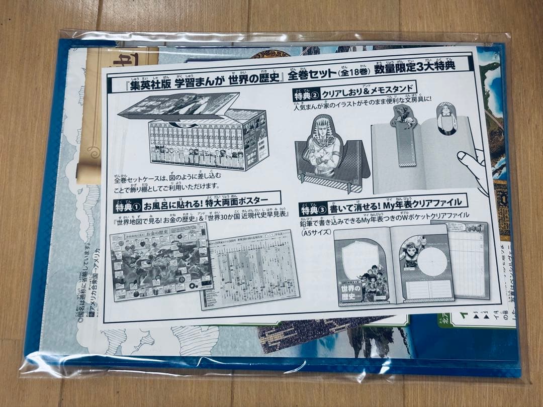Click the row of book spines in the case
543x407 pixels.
(x=196, y=143)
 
